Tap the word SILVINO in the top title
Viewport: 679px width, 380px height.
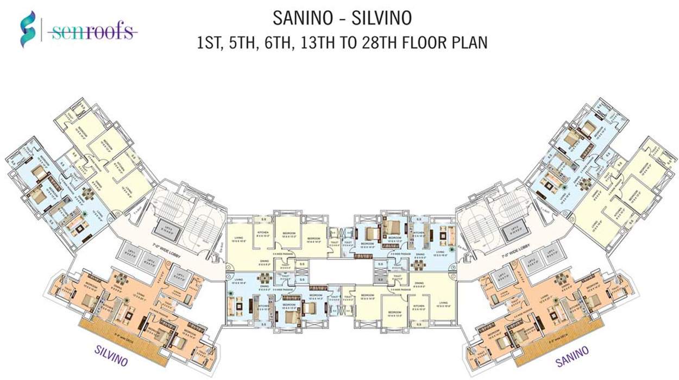pos(380,18)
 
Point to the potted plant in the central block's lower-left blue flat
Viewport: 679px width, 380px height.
pos(232,294)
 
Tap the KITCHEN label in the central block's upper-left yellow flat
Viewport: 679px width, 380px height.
pos(262,235)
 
